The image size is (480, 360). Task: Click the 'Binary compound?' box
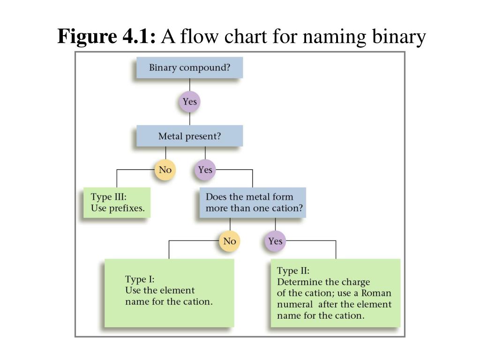coord(189,67)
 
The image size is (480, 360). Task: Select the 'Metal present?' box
coord(189,136)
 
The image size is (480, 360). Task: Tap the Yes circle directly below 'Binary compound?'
coord(190,102)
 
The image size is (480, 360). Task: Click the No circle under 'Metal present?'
coord(165,170)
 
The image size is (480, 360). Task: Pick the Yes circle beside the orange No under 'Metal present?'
coord(205,170)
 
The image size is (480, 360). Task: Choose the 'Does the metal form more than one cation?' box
coord(253,202)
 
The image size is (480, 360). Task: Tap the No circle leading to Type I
coord(230,241)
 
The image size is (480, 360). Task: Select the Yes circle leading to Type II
coord(275,241)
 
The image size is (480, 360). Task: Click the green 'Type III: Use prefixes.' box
coord(117,202)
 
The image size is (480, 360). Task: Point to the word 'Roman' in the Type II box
coord(376,293)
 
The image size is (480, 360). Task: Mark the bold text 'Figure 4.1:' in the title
coord(106,37)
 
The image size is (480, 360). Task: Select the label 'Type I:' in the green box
coord(140,279)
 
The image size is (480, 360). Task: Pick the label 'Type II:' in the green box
coord(293,270)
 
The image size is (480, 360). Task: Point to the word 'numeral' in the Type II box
coord(295,304)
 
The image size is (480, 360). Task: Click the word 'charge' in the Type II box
coord(356,282)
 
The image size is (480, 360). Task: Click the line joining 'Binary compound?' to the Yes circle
coord(190,85)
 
